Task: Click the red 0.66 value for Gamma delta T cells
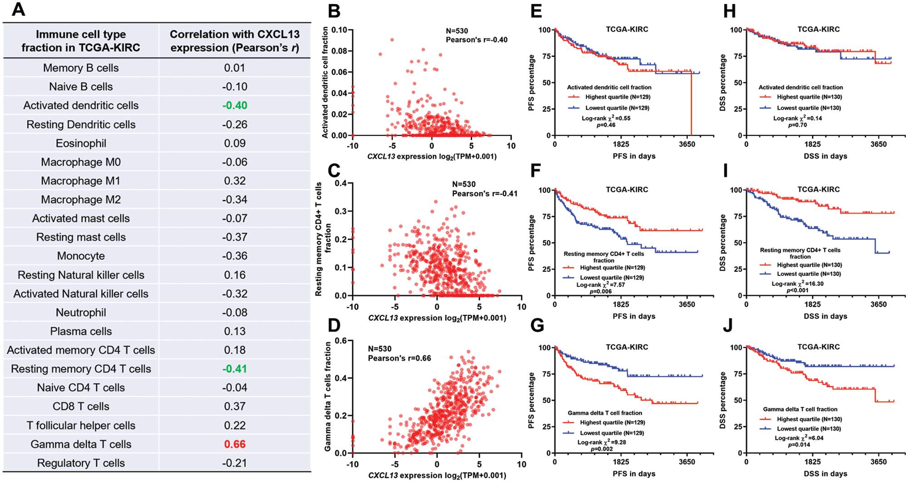pyautogui.click(x=235, y=444)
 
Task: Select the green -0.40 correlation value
pyautogui.click(x=235, y=106)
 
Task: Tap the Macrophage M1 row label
pyautogui.click(x=81, y=181)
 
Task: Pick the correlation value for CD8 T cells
pyautogui.click(x=235, y=407)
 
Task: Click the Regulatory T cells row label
pyautogui.click(x=81, y=463)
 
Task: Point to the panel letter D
pyautogui.click(x=334, y=325)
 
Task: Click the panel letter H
pyautogui.click(x=729, y=11)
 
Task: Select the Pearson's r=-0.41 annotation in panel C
pyautogui.click(x=484, y=194)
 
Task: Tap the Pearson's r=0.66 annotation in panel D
pyautogui.click(x=400, y=359)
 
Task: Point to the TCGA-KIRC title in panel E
pyautogui.click(x=627, y=30)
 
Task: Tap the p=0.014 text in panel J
pyautogui.click(x=799, y=445)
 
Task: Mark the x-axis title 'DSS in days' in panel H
pyautogui.click(x=825, y=156)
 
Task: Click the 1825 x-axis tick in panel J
pyautogui.click(x=813, y=462)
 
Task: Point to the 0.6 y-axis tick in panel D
pyautogui.click(x=341, y=341)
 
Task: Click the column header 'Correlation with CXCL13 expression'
pyautogui.click(x=235, y=41)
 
